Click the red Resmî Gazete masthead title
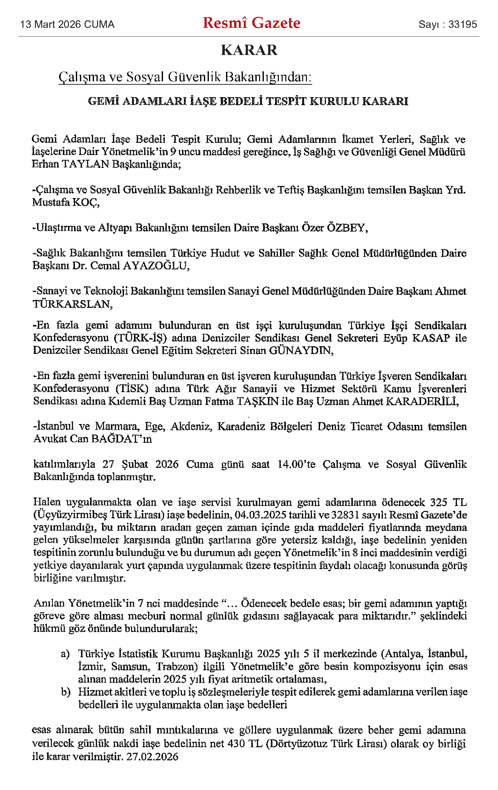point(251,23)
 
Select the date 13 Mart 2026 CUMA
point(67,24)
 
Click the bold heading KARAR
point(249,50)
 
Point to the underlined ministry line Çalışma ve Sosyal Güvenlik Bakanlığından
point(185,77)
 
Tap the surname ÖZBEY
point(347,228)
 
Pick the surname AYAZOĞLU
point(156,266)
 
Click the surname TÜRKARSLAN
point(72,304)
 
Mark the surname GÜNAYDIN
point(301,350)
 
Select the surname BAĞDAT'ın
point(121,439)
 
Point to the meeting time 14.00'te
point(296,464)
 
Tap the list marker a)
point(65,654)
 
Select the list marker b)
point(66,692)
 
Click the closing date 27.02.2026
point(152,757)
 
